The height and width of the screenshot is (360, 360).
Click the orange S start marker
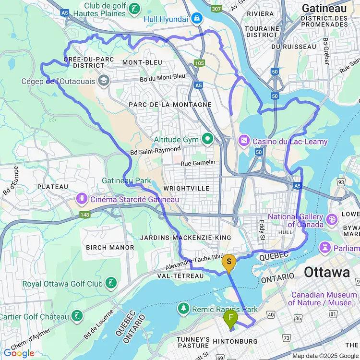(229, 262)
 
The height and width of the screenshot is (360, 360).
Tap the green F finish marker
(231, 317)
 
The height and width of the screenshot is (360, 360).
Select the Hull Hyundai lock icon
(196, 19)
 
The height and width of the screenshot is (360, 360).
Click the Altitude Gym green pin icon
(207, 140)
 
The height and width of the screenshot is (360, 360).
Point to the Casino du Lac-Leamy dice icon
(244, 141)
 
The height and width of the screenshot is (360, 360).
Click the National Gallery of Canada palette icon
(331, 220)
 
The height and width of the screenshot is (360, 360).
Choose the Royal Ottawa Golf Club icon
(111, 283)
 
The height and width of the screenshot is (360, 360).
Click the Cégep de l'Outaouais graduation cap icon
(102, 81)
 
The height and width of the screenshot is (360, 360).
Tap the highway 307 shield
(217, 9)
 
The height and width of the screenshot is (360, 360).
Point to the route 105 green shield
(199, 63)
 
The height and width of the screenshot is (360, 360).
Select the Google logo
(18, 353)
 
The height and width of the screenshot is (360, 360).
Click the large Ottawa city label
(327, 273)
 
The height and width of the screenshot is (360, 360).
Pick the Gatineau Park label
(126, 180)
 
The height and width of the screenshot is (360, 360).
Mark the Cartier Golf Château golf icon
(76, 316)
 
